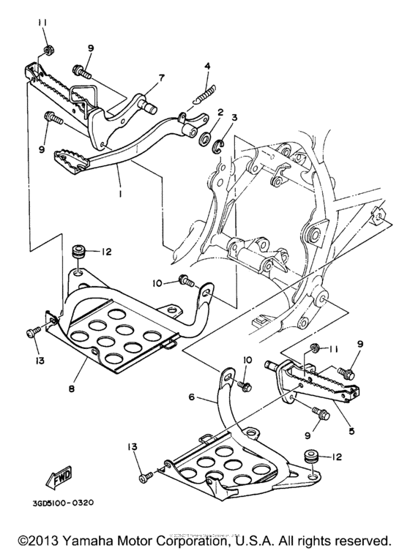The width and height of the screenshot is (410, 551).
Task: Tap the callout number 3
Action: point(234,117)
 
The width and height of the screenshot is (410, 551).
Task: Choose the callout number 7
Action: point(162,78)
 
